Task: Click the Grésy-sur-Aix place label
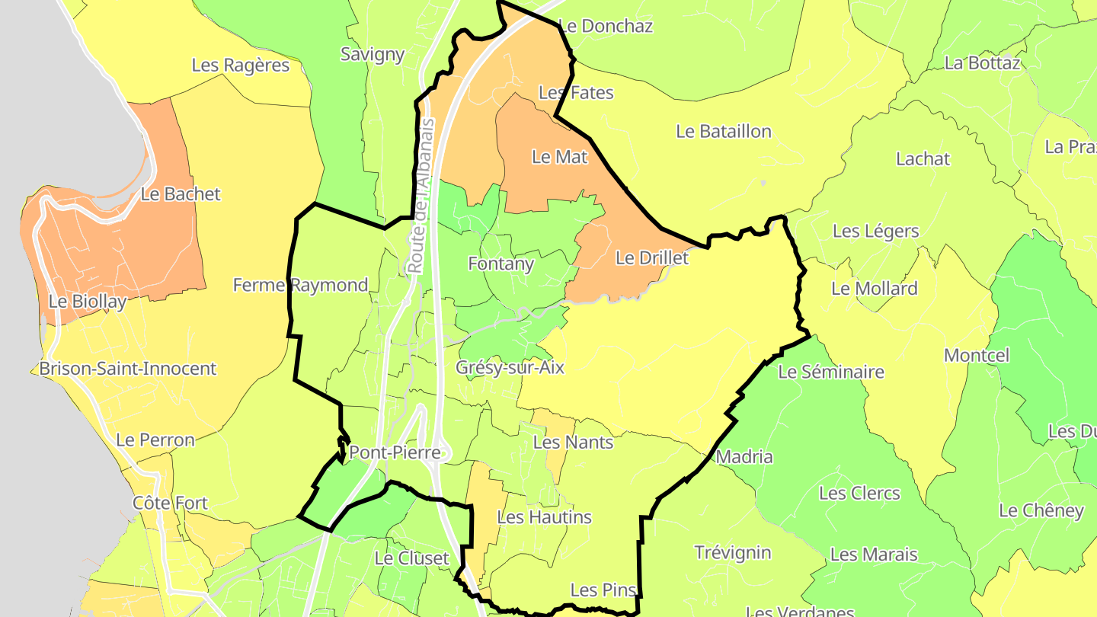click(x=510, y=367)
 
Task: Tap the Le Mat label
click(x=560, y=157)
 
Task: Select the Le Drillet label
click(x=651, y=258)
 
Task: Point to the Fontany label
click(x=501, y=264)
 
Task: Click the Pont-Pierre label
click(x=395, y=453)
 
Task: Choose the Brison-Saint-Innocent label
click(x=128, y=369)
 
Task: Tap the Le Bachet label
click(x=181, y=194)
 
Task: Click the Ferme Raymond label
click(x=300, y=286)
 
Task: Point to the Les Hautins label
click(x=544, y=517)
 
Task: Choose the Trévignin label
click(x=733, y=553)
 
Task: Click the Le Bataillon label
click(x=724, y=132)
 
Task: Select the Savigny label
click(x=373, y=54)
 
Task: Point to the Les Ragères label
click(x=241, y=66)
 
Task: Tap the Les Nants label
click(x=573, y=443)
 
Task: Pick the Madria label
click(x=745, y=458)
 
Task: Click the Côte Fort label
click(x=170, y=504)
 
